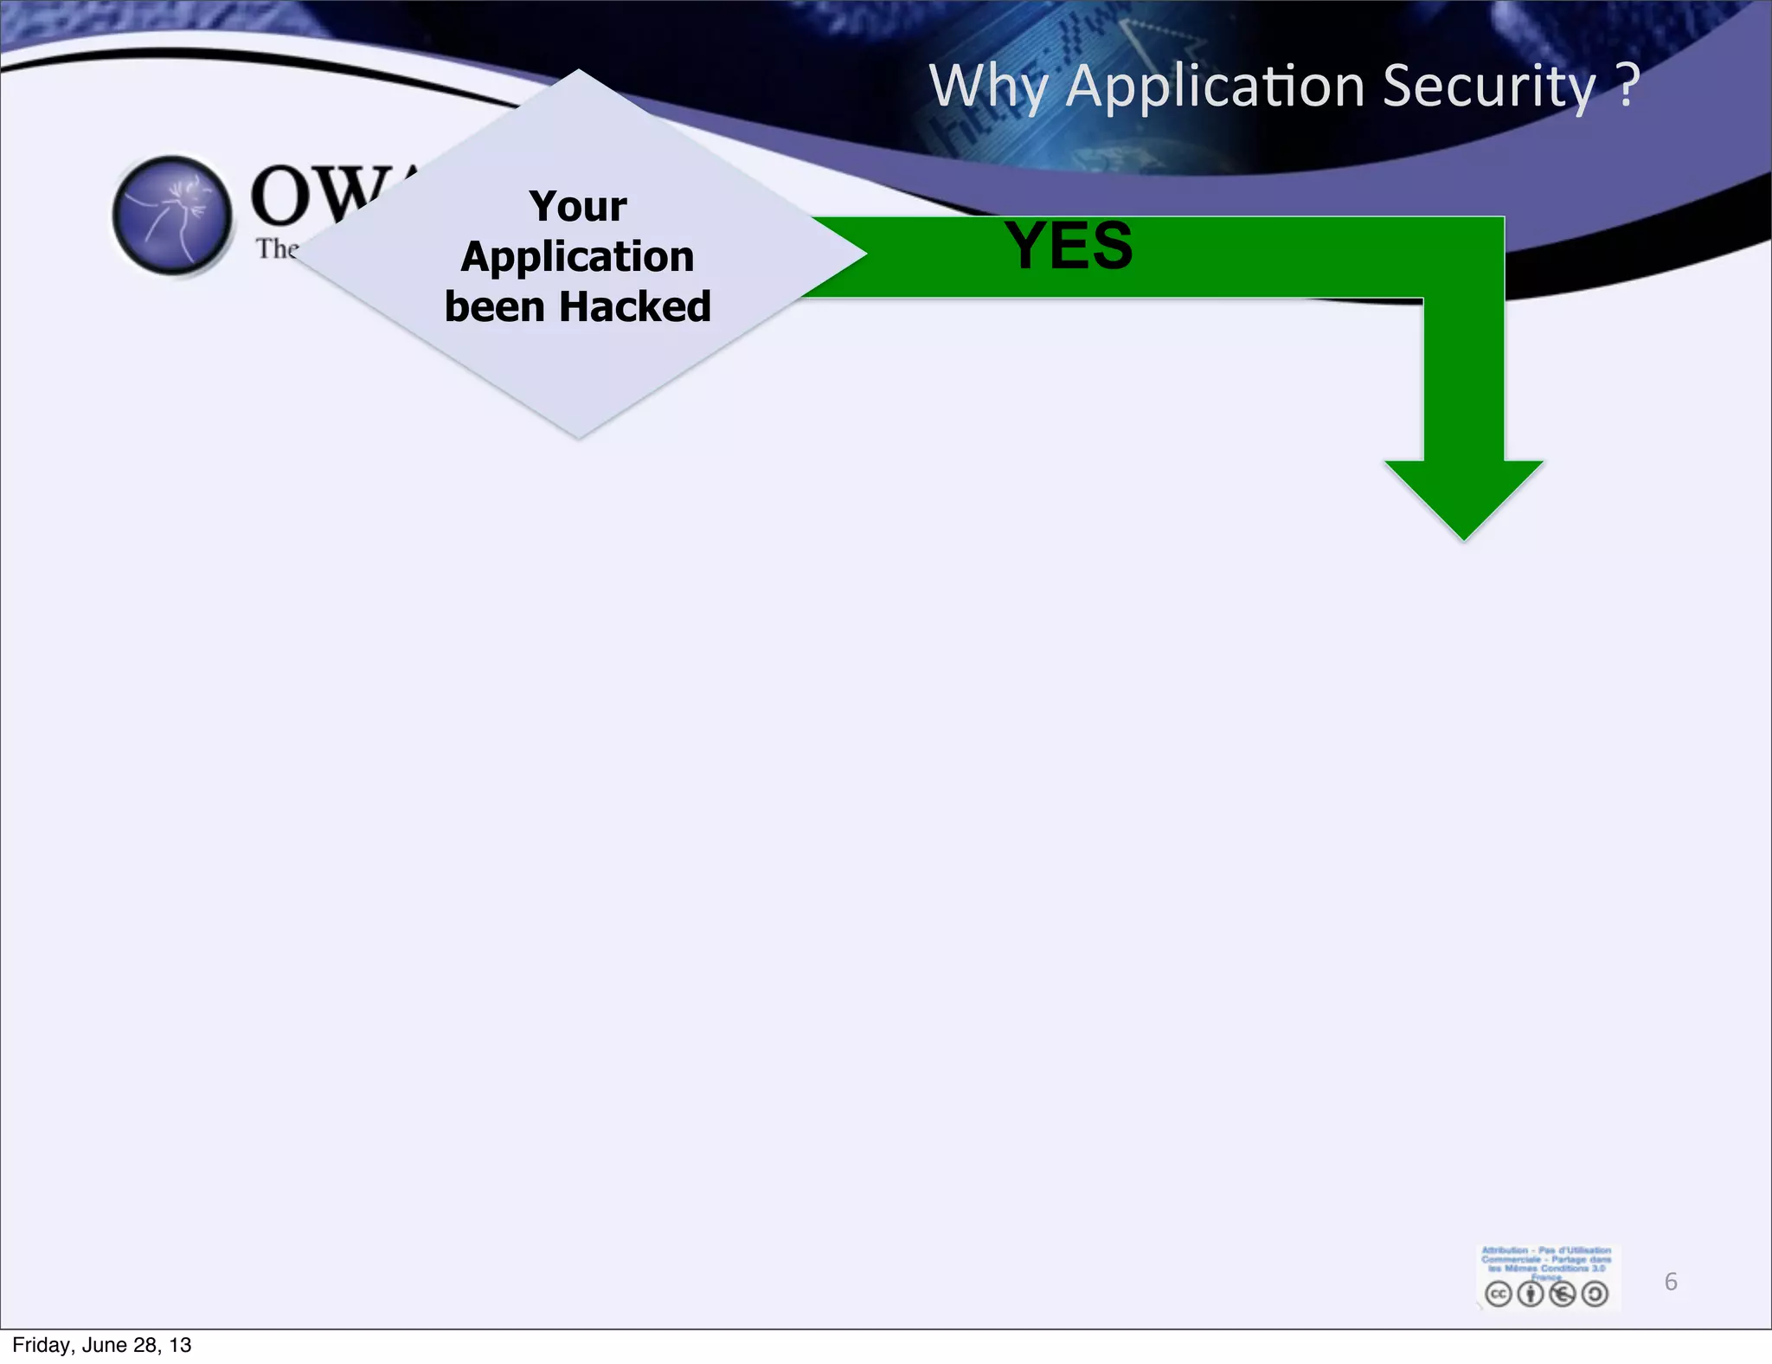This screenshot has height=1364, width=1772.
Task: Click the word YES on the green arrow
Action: pyautogui.click(x=1069, y=247)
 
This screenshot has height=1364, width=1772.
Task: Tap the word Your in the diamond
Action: pyautogui.click(x=578, y=207)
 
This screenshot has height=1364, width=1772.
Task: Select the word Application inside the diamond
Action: pyautogui.click(x=578, y=257)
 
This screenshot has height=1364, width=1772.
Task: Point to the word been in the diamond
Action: pyautogui.click(x=493, y=307)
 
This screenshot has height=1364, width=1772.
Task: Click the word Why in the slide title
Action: pyautogui.click(x=988, y=87)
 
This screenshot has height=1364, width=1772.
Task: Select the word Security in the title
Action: pyautogui.click(x=1488, y=87)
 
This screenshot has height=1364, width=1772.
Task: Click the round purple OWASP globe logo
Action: pyautogui.click(x=172, y=216)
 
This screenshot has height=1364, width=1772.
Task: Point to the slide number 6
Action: pyautogui.click(x=1671, y=1282)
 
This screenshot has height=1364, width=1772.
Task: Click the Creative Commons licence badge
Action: pyautogui.click(x=1547, y=1277)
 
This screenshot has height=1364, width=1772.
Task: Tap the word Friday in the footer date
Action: pyautogui.click(x=42, y=1345)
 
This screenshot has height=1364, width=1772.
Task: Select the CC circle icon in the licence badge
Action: pyautogui.click(x=1498, y=1294)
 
